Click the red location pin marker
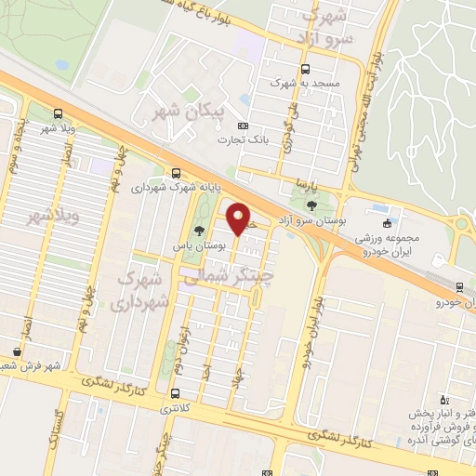[239, 218]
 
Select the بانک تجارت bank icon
[244, 126]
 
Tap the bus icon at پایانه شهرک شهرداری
[176, 173]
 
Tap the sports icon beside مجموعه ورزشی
[386, 222]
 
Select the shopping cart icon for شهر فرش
[17, 351]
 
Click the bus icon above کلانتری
[175, 394]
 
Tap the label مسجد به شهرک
[301, 83]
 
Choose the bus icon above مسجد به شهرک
[306, 67]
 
